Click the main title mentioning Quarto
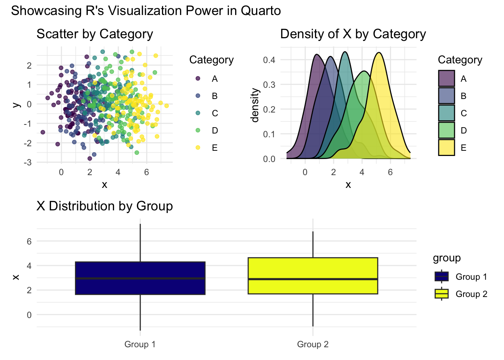[x=146, y=11]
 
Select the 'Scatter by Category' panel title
[x=94, y=34]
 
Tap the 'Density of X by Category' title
[x=353, y=34]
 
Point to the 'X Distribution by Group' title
[x=105, y=206]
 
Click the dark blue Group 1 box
[x=140, y=278]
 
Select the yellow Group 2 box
[x=313, y=276]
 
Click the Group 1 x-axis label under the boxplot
[x=140, y=344]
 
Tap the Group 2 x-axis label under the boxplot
[x=313, y=344]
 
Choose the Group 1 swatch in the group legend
[x=442, y=276]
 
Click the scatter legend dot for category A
[x=198, y=78]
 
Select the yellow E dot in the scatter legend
[x=198, y=147]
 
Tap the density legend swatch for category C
[x=446, y=113]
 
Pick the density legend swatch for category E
[x=446, y=147]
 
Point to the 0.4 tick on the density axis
[x=269, y=60]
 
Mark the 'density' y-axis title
[x=255, y=105]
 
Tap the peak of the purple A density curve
[x=317, y=55]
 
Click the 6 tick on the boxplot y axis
[x=29, y=241]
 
